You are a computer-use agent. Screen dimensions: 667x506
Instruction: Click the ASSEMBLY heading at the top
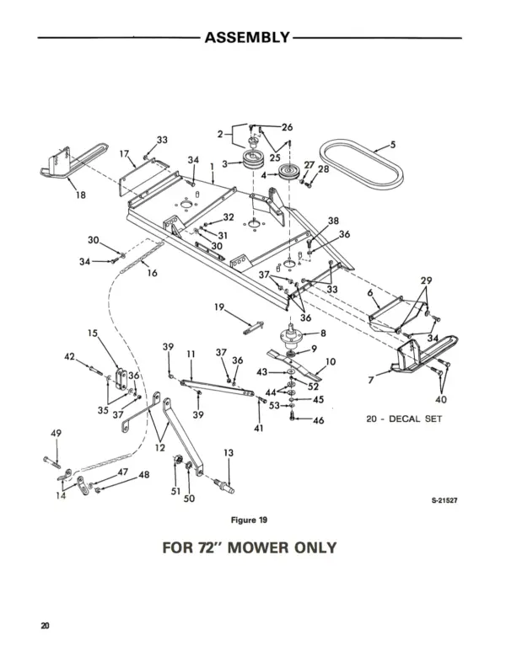pos(247,38)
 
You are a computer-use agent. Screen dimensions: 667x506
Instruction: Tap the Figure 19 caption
pos(250,520)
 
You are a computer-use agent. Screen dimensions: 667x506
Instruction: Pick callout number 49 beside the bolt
pos(57,433)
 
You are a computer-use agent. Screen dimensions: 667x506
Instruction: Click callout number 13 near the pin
pos(228,454)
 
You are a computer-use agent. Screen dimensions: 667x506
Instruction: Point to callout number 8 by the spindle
pos(322,333)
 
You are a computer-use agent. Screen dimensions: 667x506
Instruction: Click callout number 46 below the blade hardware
pos(318,419)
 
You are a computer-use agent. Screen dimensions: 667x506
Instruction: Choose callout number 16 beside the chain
pos(152,273)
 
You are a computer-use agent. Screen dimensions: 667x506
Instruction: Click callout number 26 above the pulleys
pos(287,127)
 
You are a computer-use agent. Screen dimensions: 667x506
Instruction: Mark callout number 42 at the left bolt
pos(70,357)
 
